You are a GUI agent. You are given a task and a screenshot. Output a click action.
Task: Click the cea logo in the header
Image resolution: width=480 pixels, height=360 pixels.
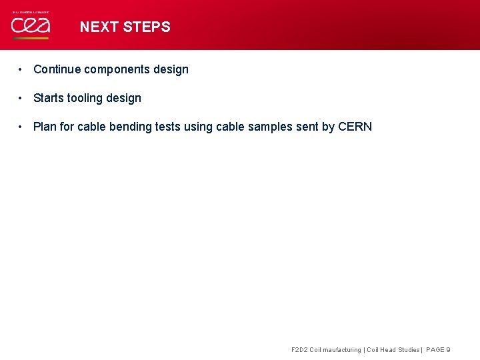tap(29, 26)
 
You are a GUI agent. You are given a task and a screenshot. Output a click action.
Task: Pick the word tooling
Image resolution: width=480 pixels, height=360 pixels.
tap(85, 98)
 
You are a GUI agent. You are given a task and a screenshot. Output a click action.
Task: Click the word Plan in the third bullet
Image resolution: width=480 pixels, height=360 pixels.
tap(45, 127)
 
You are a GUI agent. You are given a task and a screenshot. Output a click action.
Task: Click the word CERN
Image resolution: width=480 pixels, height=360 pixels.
tap(355, 127)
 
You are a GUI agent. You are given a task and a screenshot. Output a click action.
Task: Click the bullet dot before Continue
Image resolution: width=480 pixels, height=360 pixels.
tap(22, 69)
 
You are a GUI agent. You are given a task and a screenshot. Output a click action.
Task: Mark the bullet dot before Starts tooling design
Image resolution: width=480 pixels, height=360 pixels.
tap(22, 98)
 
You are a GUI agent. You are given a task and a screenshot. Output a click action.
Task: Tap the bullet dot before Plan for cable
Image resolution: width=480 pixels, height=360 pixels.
tap(22, 127)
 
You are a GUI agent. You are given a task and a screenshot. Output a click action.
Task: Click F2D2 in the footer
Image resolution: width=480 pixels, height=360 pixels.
tap(300, 349)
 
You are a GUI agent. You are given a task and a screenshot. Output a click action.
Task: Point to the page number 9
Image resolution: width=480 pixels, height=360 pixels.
tap(448, 349)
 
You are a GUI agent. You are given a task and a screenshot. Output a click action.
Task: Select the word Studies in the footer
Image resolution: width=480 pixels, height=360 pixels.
tap(408, 349)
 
